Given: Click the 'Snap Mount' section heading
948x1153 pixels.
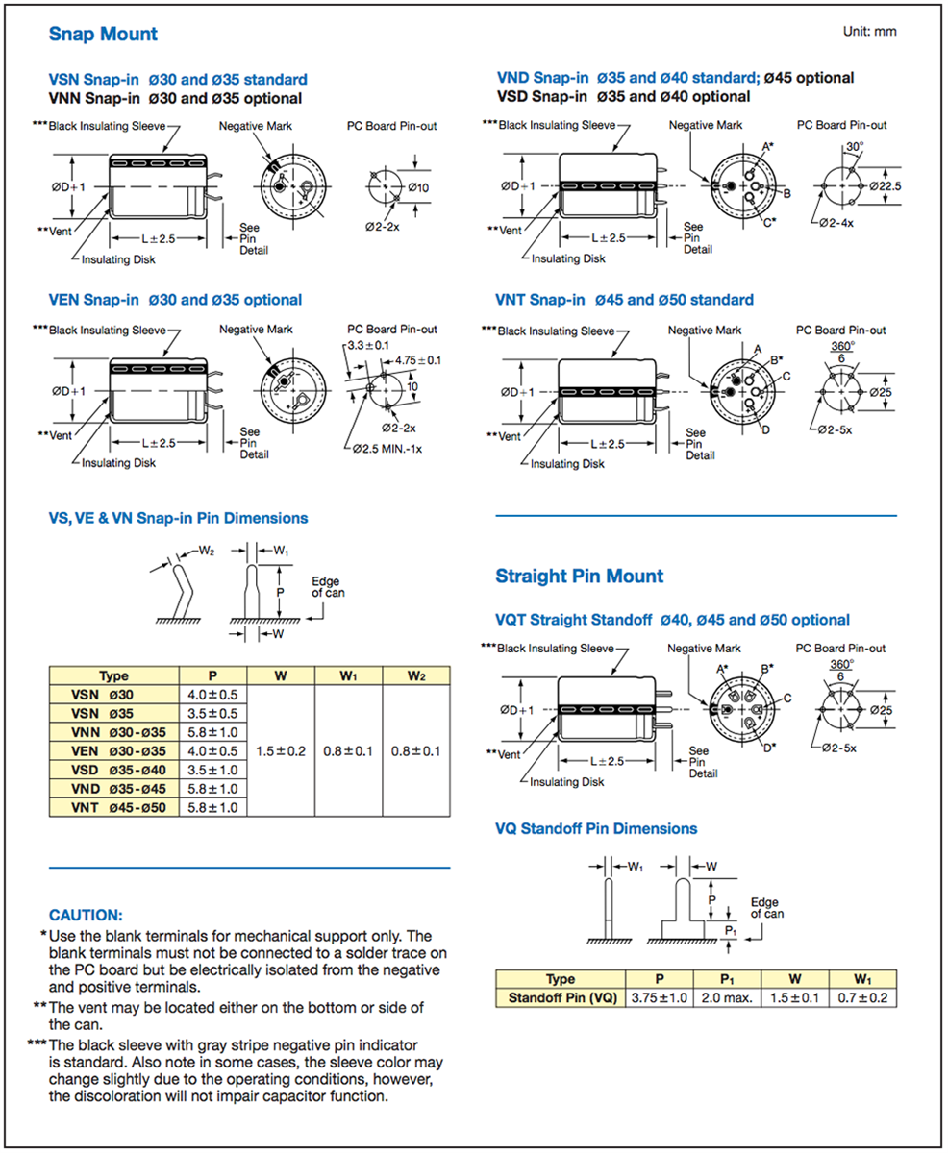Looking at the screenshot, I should (103, 35).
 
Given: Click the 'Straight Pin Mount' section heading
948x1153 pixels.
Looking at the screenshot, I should (579, 576).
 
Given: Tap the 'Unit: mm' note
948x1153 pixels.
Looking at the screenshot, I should (869, 32).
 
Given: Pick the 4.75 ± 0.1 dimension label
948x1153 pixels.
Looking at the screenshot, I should (411, 360).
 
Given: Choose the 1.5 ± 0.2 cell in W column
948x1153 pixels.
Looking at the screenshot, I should (281, 750).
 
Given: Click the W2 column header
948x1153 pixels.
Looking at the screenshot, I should (415, 675).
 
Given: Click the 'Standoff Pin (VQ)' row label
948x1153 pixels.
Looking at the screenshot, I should (559, 998).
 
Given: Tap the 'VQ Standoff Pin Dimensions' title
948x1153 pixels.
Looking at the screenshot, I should (596, 828).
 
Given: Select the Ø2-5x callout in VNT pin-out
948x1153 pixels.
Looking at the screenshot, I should (834, 429).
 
